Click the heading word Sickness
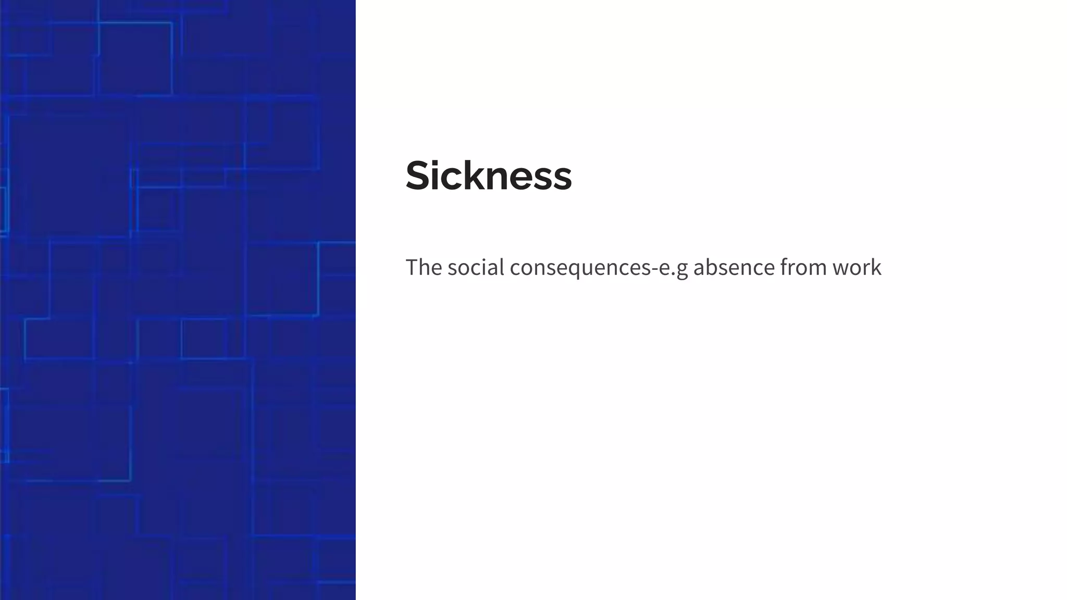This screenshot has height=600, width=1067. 489,176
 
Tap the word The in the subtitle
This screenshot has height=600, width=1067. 424,267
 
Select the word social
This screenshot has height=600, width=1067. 476,267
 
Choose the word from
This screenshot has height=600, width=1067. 803,267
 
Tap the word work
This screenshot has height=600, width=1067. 857,267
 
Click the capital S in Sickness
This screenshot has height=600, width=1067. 418,176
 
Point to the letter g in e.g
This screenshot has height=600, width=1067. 681,270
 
